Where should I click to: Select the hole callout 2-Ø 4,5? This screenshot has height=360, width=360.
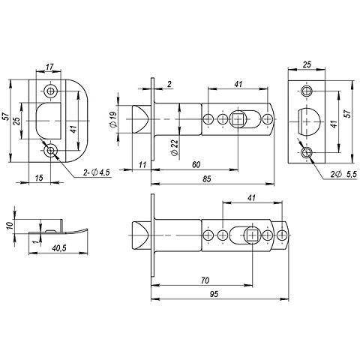point(95,172)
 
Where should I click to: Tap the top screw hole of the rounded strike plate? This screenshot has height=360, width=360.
point(51,90)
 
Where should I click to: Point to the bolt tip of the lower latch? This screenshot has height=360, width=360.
point(136,236)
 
